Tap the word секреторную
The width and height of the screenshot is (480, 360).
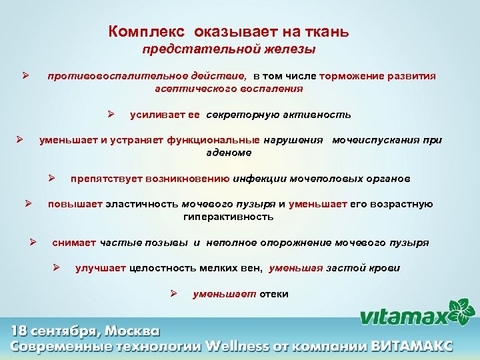point(240,115)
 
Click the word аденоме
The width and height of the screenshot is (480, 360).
point(229,153)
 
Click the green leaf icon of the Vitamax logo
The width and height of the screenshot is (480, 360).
point(461,309)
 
